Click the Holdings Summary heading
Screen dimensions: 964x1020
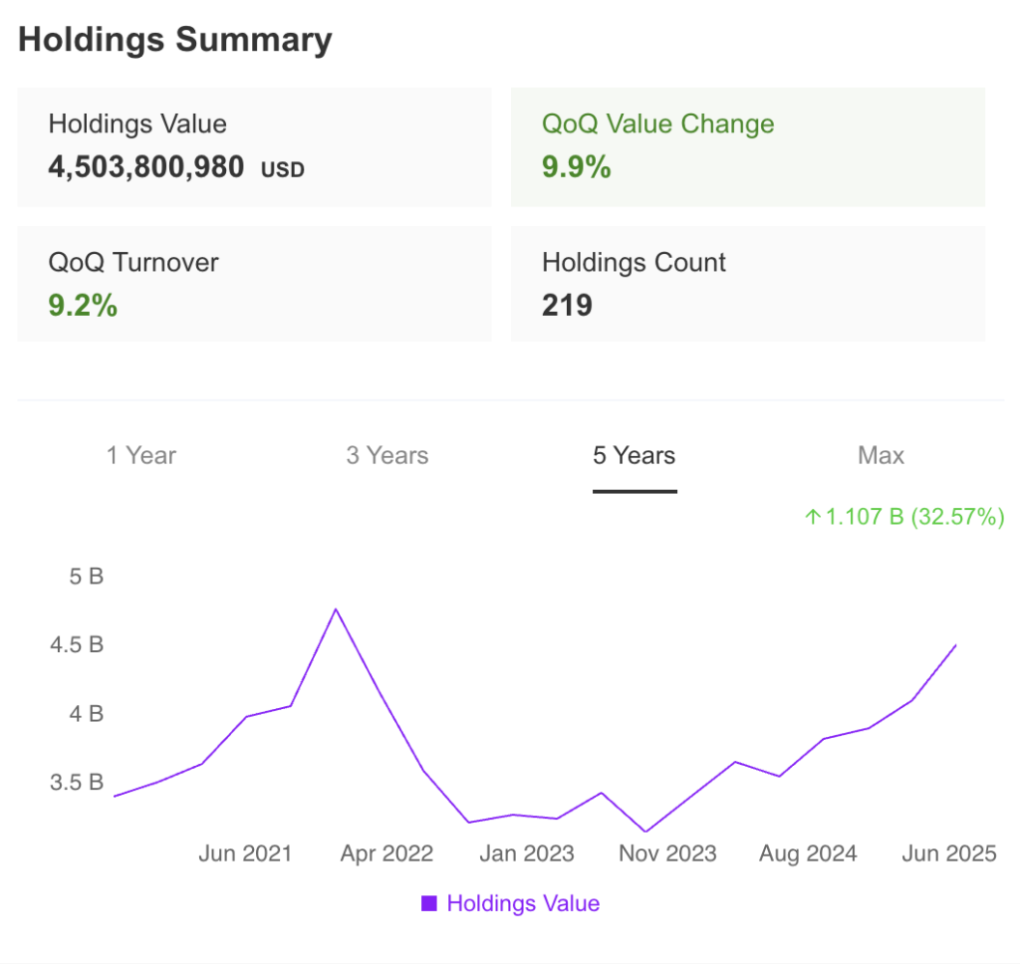coord(175,40)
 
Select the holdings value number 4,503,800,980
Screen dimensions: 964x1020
coord(146,166)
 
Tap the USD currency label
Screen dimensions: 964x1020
coord(283,169)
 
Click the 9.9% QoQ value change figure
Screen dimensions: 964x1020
coord(576,166)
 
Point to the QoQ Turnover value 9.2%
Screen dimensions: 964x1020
coord(83,305)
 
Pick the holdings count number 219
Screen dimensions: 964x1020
coord(567,305)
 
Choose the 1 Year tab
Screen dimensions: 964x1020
coord(141,456)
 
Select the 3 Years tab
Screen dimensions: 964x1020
coord(387,456)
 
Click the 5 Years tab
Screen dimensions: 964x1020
coord(635,456)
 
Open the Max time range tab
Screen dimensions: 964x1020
coord(881,456)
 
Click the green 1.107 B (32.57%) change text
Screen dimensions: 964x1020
coord(904,517)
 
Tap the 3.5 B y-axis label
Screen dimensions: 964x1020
coord(76,782)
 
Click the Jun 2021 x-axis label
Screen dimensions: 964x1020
coord(245,853)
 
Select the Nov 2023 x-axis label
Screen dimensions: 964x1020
coord(667,853)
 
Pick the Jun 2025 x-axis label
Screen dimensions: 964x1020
coord(948,853)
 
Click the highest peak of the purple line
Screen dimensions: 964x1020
coord(336,608)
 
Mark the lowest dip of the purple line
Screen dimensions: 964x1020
coord(645,832)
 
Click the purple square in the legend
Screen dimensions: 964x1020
coord(429,903)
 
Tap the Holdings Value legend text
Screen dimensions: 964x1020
coord(523,903)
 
